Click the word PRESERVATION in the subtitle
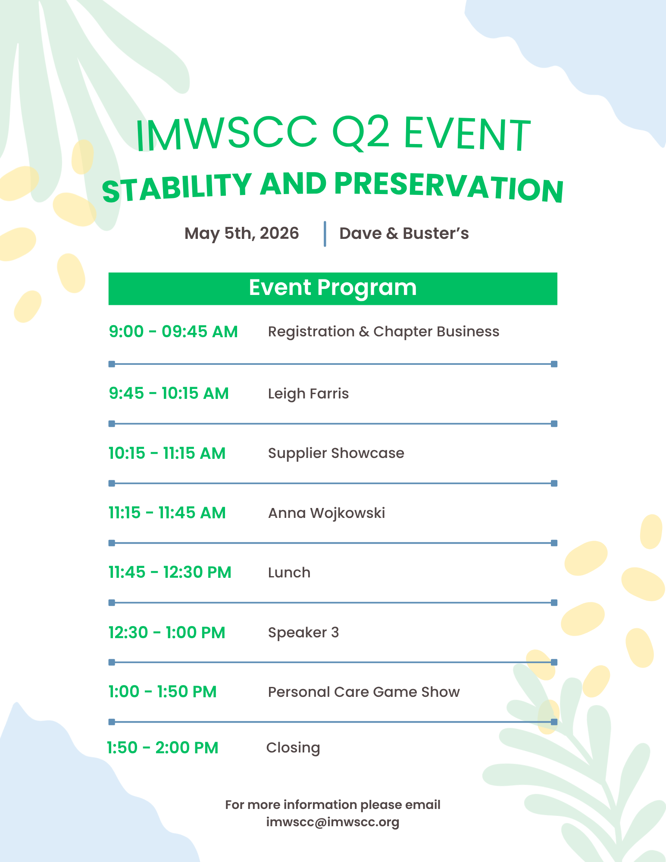pyautogui.click(x=448, y=186)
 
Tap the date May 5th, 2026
pyautogui.click(x=241, y=233)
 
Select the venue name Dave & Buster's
pyautogui.click(x=404, y=233)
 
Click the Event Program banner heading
pyautogui.click(x=332, y=288)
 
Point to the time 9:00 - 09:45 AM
pyautogui.click(x=173, y=332)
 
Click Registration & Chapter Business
pyautogui.click(x=383, y=332)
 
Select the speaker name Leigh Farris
pyautogui.click(x=308, y=393)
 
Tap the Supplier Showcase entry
pyautogui.click(x=336, y=453)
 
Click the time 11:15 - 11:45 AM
pyautogui.click(x=167, y=513)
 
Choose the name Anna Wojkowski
pyautogui.click(x=326, y=513)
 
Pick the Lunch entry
pyautogui.click(x=289, y=573)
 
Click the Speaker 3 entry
pyautogui.click(x=303, y=633)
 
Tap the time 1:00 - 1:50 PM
pyautogui.click(x=163, y=692)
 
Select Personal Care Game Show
pyautogui.click(x=363, y=692)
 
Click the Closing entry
pyautogui.click(x=293, y=748)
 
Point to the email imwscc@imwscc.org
pyautogui.click(x=332, y=822)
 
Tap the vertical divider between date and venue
pyautogui.click(x=325, y=234)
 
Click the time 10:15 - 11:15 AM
pyautogui.click(x=167, y=453)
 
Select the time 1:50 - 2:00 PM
pyautogui.click(x=163, y=748)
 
